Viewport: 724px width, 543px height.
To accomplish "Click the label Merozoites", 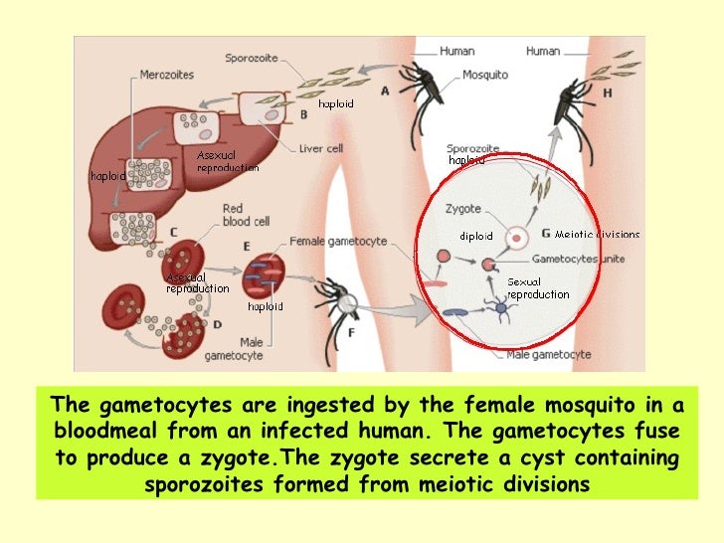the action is point(165,76).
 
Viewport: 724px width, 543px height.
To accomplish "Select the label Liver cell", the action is point(322,149).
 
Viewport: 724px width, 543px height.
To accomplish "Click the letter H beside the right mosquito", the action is point(608,92).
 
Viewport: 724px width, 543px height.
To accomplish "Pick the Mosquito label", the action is point(484,75).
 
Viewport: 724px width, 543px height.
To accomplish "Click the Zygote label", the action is point(464,210).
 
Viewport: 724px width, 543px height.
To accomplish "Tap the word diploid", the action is point(475,236).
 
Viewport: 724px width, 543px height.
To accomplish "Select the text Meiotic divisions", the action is point(597,235).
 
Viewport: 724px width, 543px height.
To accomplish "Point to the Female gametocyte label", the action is point(338,242).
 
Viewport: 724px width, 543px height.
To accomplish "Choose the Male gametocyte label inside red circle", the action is point(548,354).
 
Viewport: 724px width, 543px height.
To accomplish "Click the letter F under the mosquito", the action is point(350,332).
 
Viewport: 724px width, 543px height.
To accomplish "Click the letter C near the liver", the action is point(174,232).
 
